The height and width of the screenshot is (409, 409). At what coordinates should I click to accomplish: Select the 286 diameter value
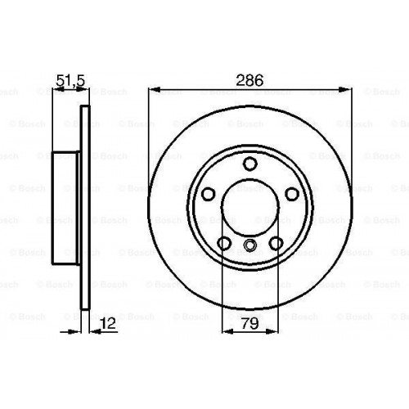(x=250, y=80)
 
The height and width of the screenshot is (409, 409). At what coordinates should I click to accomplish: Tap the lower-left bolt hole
(x=225, y=243)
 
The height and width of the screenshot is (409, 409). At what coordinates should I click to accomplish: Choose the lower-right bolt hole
(x=276, y=243)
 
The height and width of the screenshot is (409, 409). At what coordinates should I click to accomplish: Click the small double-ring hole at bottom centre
(x=250, y=246)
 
